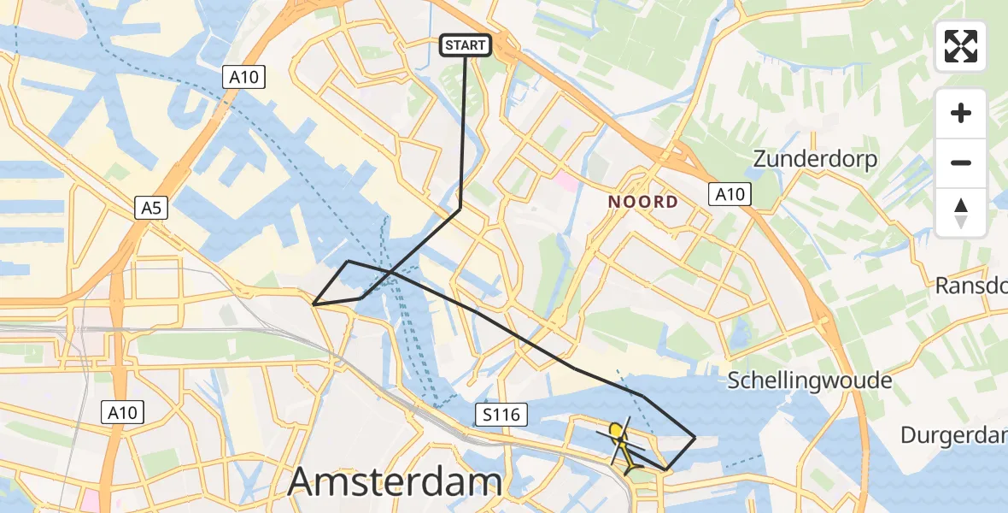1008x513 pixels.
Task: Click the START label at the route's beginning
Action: [x=466, y=45]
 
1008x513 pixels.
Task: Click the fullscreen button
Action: [x=961, y=46]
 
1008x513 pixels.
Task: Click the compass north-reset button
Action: [x=961, y=213]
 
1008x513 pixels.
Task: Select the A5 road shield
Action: [x=150, y=207]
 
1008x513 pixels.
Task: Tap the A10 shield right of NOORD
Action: [x=730, y=194]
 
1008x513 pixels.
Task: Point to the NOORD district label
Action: [x=643, y=203]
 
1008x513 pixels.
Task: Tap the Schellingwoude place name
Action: [x=810, y=380]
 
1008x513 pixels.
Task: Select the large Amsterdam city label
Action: [x=394, y=481]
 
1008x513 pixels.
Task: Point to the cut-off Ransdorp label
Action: [x=971, y=285]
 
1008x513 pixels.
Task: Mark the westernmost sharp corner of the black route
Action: [x=314, y=304]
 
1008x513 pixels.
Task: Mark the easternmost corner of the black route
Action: [x=695, y=438]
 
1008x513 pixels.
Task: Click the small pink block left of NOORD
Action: [x=566, y=181]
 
